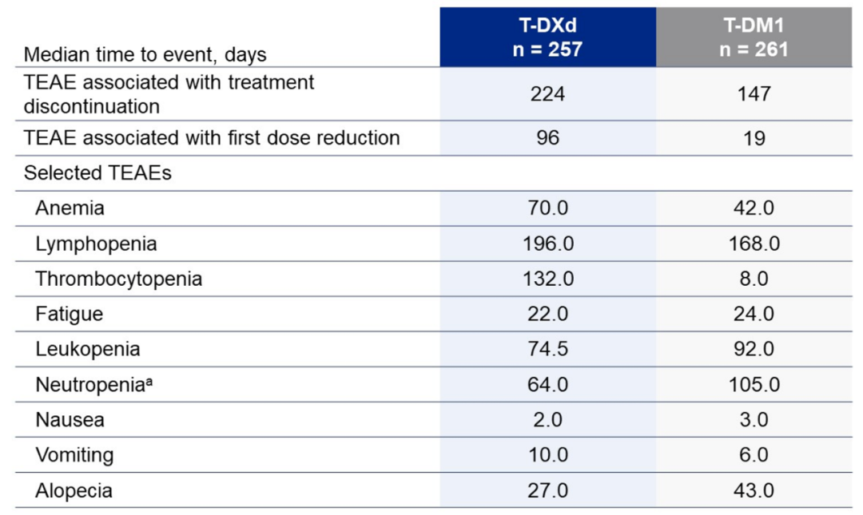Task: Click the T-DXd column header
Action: [x=547, y=37]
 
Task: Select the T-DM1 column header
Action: [x=754, y=37]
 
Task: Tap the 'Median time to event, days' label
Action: [x=145, y=54]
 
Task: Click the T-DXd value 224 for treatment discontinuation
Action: [x=547, y=93]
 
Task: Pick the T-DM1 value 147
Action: [x=754, y=93]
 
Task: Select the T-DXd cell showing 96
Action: [x=547, y=137]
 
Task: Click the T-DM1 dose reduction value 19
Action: [x=754, y=137]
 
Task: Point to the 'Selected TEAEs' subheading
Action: [x=97, y=172]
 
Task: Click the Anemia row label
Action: [x=70, y=208]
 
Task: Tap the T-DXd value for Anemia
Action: [x=547, y=208]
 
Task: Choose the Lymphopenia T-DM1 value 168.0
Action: [x=754, y=244]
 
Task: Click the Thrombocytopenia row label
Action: [x=118, y=279]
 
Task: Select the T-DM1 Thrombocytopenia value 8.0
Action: [x=754, y=279]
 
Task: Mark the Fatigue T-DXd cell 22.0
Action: [x=547, y=314]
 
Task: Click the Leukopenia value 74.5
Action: [x=547, y=349]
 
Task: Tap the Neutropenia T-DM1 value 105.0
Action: [x=754, y=385]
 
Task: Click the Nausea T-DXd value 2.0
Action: [x=547, y=420]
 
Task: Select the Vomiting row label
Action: [x=74, y=455]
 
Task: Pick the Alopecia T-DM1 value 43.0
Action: [x=754, y=490]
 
